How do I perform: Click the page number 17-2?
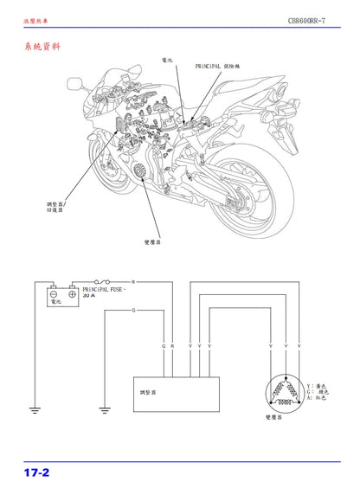pyautogui.click(x=36, y=472)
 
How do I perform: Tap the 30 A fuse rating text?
pyautogui.click(x=89, y=295)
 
